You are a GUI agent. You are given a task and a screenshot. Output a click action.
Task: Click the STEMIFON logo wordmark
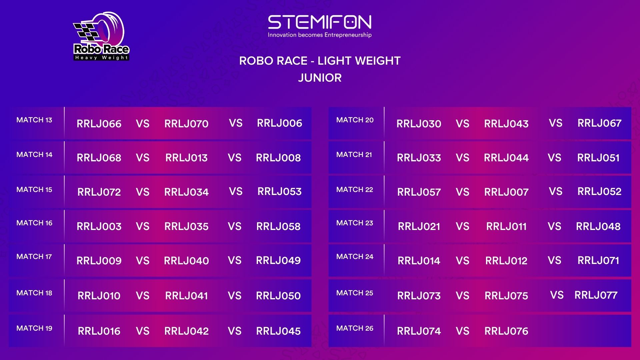point(320,22)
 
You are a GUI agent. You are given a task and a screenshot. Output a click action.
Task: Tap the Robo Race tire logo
point(101,36)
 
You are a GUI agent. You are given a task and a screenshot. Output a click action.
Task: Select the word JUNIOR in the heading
point(320,78)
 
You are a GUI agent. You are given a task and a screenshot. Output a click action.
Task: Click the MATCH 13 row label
point(34,120)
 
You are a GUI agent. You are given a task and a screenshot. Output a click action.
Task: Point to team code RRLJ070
point(186,124)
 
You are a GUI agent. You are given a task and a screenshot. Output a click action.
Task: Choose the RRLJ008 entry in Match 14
point(278,158)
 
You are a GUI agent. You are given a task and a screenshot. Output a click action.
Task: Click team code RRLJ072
point(99,192)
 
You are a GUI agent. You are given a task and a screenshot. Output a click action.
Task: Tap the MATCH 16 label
point(34,223)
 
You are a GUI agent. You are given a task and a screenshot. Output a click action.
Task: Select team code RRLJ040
point(186,261)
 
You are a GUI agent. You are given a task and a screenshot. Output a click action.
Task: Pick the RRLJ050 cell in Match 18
point(278,296)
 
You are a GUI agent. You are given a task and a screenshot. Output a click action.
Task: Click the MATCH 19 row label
point(34,328)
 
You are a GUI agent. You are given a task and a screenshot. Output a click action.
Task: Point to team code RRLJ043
point(506,124)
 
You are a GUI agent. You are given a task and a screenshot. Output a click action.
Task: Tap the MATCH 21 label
point(354,155)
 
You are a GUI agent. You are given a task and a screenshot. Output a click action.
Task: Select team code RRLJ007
point(506,192)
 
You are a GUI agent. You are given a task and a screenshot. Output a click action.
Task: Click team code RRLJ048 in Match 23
point(598,226)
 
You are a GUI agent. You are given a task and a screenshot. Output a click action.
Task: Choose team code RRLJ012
point(506,261)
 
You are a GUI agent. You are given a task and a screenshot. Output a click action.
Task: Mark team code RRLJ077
point(596,295)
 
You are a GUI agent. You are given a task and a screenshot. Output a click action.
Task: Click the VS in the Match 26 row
point(462,331)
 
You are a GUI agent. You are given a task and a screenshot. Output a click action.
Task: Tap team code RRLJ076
point(506,331)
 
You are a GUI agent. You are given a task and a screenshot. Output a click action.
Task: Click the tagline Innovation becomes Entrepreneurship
point(320,35)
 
